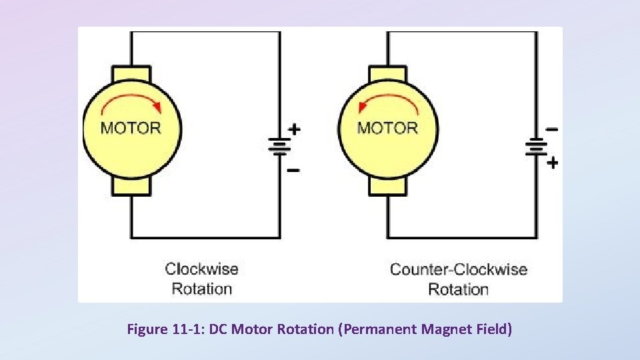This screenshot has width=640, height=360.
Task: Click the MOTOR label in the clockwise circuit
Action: (131, 128)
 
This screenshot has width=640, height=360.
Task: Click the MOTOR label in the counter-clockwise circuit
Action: (387, 128)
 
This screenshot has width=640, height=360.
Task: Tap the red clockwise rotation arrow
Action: (132, 101)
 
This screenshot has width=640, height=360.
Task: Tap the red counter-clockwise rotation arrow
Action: (389, 101)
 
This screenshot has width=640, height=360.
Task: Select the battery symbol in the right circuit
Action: (537, 146)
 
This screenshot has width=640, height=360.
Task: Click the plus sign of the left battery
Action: (293, 129)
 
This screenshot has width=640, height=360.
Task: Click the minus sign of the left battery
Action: (293, 170)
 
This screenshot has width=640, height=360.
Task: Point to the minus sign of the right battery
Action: (552, 129)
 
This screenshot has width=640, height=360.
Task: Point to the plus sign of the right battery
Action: (552, 162)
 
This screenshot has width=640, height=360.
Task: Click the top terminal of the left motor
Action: (131, 73)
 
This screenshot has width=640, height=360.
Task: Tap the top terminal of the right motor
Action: (387, 73)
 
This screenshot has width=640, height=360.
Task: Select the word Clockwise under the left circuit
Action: (201, 269)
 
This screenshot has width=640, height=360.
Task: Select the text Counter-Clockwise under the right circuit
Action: (458, 269)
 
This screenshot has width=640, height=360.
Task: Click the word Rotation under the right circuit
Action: (458, 289)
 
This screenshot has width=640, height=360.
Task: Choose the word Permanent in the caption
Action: (378, 329)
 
